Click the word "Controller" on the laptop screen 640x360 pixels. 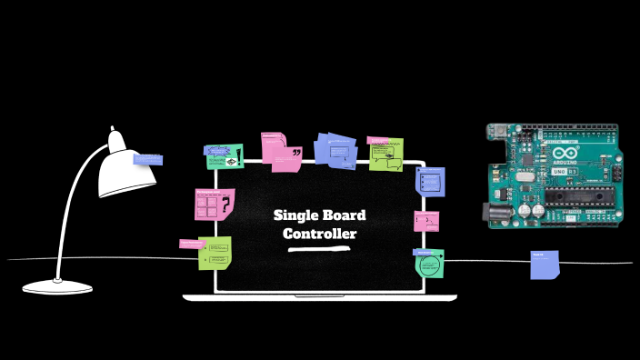[319, 234]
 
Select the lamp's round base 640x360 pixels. [57, 286]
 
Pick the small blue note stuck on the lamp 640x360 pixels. [147, 159]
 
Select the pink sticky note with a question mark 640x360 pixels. [215, 205]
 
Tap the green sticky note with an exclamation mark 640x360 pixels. [225, 156]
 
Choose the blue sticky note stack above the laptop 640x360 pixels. [335, 151]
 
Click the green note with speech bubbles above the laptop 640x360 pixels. [385, 155]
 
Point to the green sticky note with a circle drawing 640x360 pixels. [429, 264]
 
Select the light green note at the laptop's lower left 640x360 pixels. [215, 252]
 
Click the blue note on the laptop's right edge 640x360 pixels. [430, 180]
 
